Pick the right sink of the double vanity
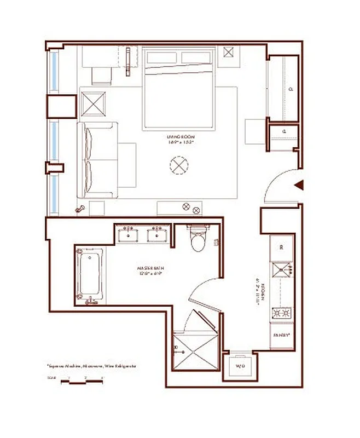[159, 235]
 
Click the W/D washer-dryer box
[240, 366]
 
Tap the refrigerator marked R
[282, 247]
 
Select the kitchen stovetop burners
[282, 314]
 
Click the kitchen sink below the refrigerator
[282, 269]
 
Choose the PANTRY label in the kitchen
[282, 333]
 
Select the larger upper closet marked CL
[282, 88]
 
